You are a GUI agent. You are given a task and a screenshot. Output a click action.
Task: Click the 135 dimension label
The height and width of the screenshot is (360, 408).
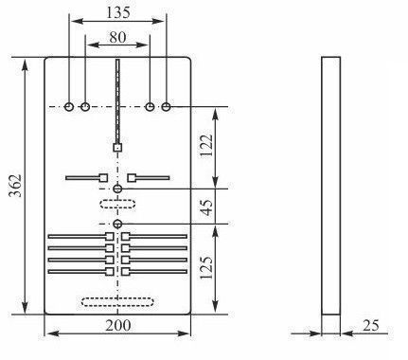click(117, 12)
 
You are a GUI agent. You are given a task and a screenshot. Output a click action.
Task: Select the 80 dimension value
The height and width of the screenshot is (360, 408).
click(117, 37)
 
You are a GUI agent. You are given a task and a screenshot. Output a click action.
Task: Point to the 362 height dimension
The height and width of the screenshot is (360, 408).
click(15, 186)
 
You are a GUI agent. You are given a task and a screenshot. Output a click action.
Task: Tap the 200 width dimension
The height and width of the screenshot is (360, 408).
click(118, 326)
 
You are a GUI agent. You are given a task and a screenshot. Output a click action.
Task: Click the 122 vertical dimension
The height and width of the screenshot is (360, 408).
click(206, 145)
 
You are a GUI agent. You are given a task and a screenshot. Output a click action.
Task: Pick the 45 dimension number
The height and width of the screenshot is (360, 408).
click(207, 207)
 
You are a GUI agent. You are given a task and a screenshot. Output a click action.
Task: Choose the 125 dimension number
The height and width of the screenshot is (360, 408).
click(206, 267)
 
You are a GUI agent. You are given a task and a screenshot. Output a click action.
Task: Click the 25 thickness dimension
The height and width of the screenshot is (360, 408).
click(371, 326)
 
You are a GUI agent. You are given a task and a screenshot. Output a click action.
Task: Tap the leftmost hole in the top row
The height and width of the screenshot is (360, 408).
click(69, 107)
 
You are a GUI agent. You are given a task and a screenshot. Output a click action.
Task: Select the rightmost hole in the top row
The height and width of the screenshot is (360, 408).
click(167, 107)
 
